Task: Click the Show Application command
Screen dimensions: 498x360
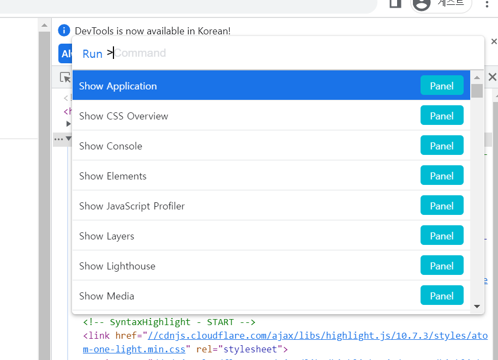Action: [118, 86]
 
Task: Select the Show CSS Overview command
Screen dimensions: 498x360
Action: [124, 116]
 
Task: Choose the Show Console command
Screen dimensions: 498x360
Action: [111, 146]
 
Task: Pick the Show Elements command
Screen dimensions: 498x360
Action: [113, 176]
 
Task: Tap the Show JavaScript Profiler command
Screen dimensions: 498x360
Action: [132, 206]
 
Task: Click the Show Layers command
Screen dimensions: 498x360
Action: [106, 236]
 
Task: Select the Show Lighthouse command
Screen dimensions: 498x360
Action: [117, 266]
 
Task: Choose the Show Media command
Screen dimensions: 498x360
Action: [106, 296]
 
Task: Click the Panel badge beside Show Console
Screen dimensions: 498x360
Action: [442, 146]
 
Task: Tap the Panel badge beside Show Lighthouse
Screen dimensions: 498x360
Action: [442, 266]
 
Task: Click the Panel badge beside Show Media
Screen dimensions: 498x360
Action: [442, 296]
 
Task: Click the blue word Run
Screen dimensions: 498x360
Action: [92, 53]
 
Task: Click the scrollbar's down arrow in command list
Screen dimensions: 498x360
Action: [477, 307]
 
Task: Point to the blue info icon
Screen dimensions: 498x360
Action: [64, 31]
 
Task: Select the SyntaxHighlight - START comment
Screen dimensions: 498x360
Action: [169, 322]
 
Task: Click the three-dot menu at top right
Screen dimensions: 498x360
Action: [487, 4]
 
